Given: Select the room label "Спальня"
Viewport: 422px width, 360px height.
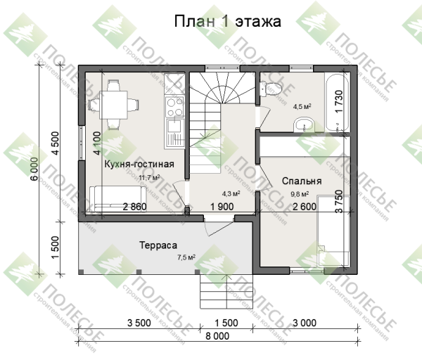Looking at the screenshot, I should coord(302,181).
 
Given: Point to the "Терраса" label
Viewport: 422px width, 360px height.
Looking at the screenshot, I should coord(158,246).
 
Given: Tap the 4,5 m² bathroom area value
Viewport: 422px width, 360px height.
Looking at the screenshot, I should coord(302,107).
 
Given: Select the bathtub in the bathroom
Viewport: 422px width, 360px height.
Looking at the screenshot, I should coord(336,102).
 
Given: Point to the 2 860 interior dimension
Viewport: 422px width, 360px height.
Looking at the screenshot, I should coord(134,207).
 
